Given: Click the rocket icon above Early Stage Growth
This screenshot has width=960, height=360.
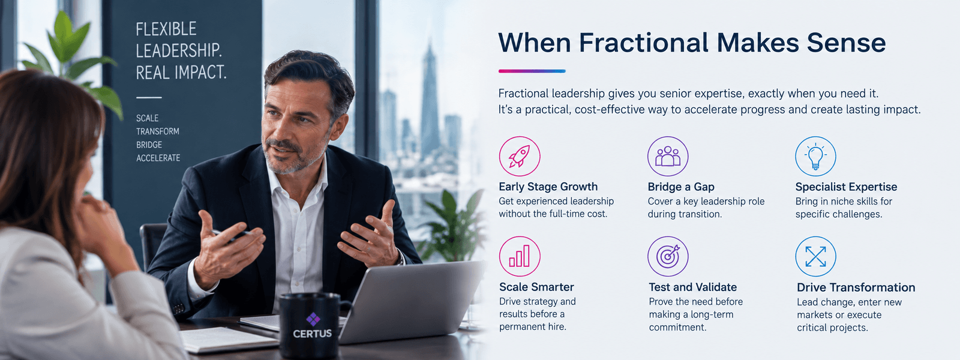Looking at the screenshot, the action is pos(520,156).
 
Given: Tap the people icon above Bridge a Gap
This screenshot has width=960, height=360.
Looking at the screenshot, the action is pos(668,156).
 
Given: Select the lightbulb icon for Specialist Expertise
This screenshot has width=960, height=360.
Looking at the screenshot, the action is pos(815,156).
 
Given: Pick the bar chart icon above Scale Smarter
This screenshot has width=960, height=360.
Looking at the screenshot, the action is pos(520,256).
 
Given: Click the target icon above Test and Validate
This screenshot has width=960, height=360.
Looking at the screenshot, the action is pos(668,256).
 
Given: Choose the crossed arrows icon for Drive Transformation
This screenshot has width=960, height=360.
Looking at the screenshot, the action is pos(815,256).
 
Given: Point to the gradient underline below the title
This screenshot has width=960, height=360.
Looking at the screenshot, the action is pos(532,71).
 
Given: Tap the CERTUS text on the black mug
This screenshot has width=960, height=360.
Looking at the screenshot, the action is pos(313,334).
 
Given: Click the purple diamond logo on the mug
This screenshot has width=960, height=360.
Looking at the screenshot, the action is pos(313,319).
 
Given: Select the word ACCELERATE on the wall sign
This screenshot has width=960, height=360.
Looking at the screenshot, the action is pos(158,158).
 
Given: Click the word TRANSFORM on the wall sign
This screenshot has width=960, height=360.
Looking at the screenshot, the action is pos(158,131).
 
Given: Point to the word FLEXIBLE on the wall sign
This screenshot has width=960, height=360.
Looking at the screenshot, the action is pos(166,29).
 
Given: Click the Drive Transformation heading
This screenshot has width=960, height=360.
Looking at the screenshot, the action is pos(856,287).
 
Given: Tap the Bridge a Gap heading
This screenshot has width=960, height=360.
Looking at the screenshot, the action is pos(681,187).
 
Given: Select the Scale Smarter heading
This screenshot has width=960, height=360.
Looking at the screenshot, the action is pos(536,287).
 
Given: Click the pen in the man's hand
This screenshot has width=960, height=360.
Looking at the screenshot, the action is pos(233,233).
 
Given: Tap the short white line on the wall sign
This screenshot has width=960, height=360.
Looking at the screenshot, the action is pos(149,98).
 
